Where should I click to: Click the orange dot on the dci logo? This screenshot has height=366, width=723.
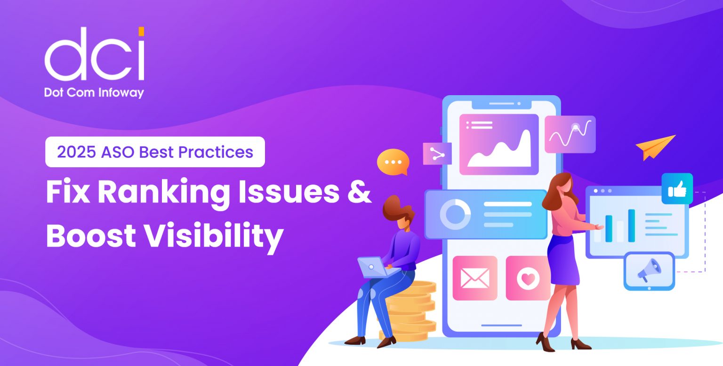point(141,32)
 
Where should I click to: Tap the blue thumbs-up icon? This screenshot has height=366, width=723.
point(677,188)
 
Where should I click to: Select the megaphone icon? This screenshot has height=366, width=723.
point(649,270)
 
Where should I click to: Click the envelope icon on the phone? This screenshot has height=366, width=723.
point(474,278)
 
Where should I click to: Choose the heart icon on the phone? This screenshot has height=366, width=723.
point(528,278)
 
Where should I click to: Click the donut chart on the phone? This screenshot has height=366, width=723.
point(455,214)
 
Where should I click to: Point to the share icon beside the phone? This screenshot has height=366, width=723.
point(437,154)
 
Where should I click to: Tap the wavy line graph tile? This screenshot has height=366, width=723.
point(570,134)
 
